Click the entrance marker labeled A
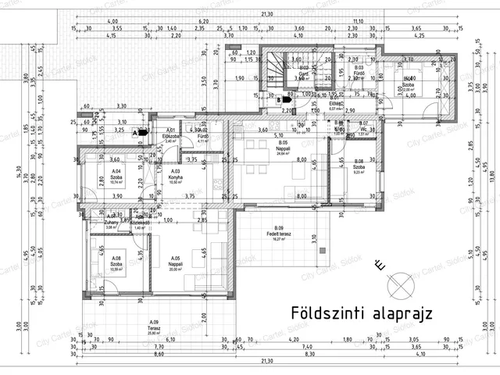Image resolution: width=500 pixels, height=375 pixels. pos(135,133)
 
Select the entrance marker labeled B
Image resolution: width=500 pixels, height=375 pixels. pos(279,99)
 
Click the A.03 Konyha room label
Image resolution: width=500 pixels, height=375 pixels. pos(175,177)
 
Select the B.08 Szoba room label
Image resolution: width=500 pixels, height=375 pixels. pos(359,166)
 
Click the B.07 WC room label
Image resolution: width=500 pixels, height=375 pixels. pos(363,127)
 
